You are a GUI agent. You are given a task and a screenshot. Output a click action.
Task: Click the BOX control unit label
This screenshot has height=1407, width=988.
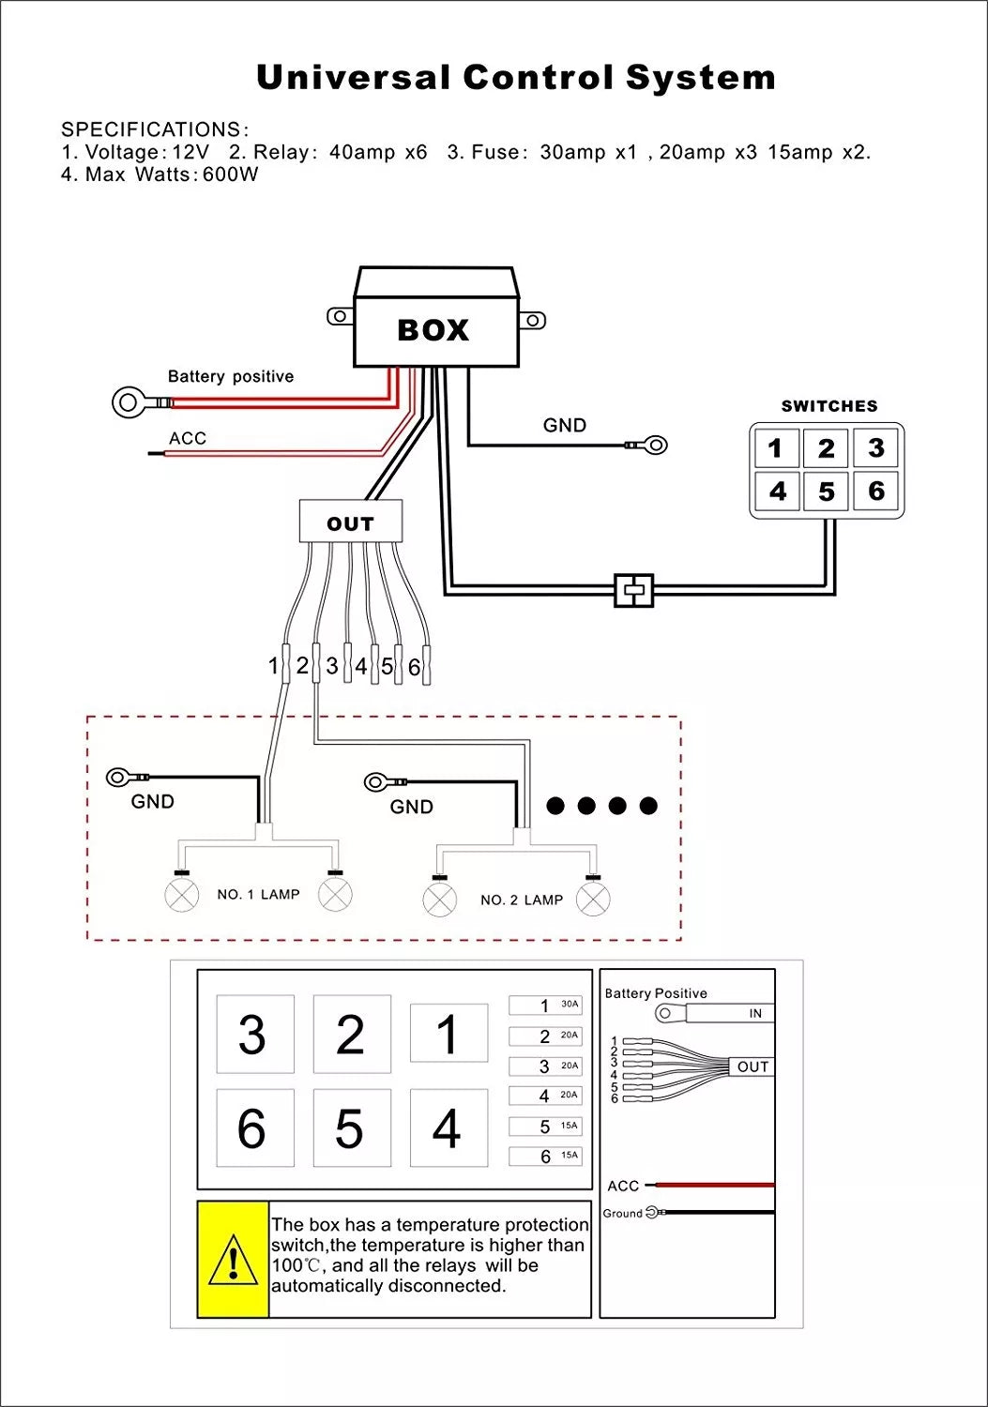pos(433,330)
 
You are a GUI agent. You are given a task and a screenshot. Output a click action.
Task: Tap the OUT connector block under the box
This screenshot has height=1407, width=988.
pos(350,522)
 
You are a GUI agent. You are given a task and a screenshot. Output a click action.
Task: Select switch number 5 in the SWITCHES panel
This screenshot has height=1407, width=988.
pos(826,492)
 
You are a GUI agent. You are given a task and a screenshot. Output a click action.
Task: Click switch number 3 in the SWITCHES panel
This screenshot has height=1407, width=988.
pos(876,448)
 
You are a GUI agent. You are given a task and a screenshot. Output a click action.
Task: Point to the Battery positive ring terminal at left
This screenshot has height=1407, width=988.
pos(129,403)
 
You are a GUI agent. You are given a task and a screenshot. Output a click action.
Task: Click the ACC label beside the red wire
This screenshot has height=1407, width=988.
pos(188,438)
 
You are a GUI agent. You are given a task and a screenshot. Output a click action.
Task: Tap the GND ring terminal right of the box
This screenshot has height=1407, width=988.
pos(656,445)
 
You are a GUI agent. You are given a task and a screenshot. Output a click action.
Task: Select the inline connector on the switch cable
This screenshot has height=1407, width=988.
pos(634,590)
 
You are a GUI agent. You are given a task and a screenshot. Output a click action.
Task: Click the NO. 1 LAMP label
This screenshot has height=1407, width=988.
pos(258,895)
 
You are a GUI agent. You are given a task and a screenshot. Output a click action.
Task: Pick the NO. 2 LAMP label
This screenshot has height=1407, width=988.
pos(521,900)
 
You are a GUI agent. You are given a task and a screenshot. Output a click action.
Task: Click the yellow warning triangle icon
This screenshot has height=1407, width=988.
pos(233,1260)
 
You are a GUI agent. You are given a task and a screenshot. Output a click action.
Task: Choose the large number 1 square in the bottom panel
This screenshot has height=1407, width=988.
pos(448,1034)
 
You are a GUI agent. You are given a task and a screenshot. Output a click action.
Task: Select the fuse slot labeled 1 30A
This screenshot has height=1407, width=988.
pos(545,1006)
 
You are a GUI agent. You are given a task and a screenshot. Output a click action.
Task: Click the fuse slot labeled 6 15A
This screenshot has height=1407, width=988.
pos(545,1157)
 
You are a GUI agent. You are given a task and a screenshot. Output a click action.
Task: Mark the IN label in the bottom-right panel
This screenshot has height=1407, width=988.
pos(755,1014)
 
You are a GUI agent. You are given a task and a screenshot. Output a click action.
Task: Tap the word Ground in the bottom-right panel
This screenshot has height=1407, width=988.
pos(622,1213)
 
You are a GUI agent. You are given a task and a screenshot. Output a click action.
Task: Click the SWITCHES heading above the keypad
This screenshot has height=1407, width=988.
pos(829,406)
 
